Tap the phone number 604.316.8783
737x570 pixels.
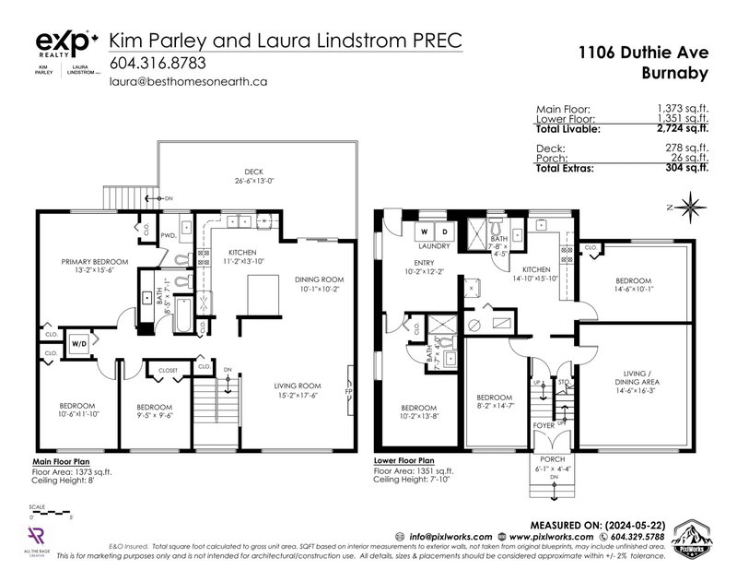157,64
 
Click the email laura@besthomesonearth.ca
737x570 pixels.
188,81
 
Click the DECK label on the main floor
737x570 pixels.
254,172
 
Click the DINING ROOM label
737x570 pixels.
319,280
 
